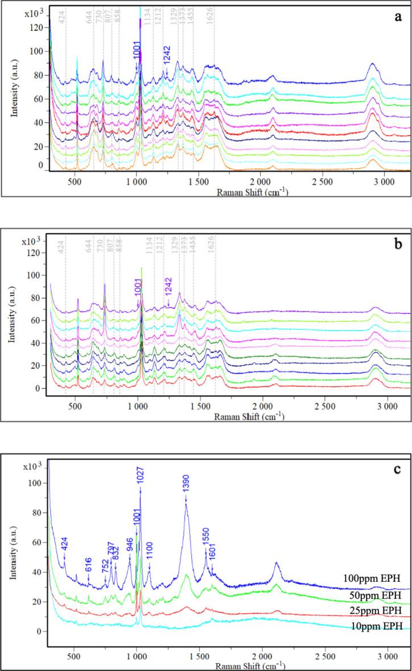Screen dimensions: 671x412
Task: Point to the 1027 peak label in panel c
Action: point(140,476)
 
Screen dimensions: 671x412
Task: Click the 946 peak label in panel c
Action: point(130,543)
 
